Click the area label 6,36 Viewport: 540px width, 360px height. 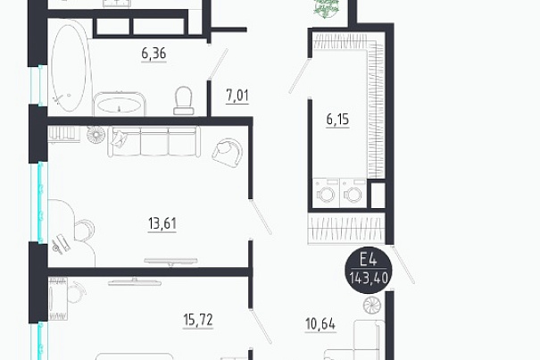pyautogui.click(x=154, y=54)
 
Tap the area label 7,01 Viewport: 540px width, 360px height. pyautogui.click(x=237, y=96)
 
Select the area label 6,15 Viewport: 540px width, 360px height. pyautogui.click(x=337, y=120)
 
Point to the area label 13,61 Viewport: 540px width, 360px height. pyautogui.click(x=162, y=223)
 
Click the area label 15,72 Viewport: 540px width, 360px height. pyautogui.click(x=198, y=320)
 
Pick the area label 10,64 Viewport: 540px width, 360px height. pyautogui.click(x=320, y=324)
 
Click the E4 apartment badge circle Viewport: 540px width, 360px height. pyautogui.click(x=369, y=270)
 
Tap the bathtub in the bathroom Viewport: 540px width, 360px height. pyautogui.click(x=69, y=65)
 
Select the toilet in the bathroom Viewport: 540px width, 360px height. pyautogui.click(x=183, y=100)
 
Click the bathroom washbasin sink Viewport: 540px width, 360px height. pyautogui.click(x=119, y=104)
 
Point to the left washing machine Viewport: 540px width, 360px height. pyautogui.click(x=326, y=193)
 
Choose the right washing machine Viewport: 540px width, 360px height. pyautogui.click(x=353, y=193)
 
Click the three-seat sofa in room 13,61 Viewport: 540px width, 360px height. pyautogui.click(x=154, y=142)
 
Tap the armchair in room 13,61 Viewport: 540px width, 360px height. pyautogui.click(x=228, y=152)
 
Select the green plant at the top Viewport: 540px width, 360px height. pyautogui.click(x=326, y=7)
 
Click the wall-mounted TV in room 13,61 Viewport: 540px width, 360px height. pyautogui.click(x=170, y=262)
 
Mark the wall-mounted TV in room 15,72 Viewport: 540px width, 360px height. pyautogui.click(x=134, y=283)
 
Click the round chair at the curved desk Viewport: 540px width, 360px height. pyautogui.click(x=85, y=230)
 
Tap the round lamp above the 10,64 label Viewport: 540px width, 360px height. pyautogui.click(x=372, y=306)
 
